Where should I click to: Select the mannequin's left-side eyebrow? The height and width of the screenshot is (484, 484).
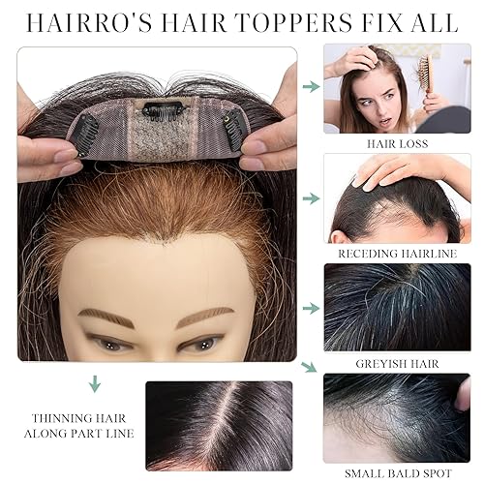coord(107,318)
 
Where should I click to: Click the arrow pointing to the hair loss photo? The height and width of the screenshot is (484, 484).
coord(311,87)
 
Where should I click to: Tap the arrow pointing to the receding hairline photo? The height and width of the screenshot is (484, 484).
coord(311,197)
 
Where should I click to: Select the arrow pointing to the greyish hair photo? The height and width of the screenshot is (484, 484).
coord(311,308)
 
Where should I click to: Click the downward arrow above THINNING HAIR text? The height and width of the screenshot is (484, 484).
coord(95,384)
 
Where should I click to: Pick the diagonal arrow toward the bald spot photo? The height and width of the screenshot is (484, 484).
coord(309,366)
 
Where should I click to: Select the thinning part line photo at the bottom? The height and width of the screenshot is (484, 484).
coord(219,425)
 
